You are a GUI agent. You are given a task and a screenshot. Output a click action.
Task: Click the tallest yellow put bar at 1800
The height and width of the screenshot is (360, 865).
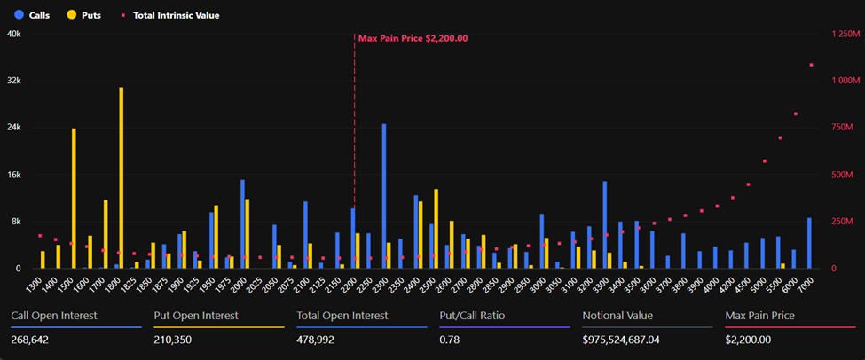click(122, 177)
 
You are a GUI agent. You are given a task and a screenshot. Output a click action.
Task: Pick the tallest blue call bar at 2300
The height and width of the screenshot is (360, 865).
click(383, 196)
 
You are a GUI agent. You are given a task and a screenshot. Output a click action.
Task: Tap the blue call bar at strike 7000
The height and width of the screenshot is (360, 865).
click(808, 243)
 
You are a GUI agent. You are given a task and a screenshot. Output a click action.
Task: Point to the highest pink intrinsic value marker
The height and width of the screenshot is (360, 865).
click(811, 65)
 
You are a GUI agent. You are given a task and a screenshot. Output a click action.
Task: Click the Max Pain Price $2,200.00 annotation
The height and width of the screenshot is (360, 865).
click(413, 38)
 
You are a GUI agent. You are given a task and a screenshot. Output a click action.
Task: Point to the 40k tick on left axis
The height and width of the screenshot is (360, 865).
click(14, 34)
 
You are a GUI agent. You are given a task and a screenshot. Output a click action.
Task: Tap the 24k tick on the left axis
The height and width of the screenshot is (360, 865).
click(14, 128)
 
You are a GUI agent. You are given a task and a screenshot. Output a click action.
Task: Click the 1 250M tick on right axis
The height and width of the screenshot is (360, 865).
click(845, 34)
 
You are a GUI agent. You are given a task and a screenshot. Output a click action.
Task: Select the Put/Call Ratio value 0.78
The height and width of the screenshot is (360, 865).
click(449, 340)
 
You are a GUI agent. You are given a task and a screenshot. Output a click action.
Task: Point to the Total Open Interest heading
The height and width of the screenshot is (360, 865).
click(342, 315)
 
